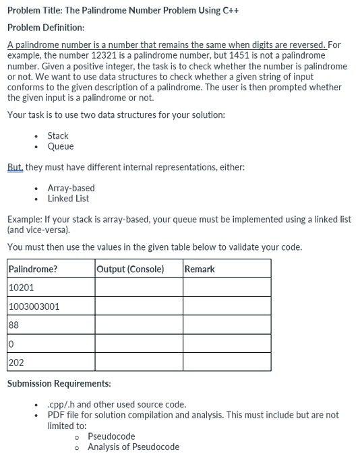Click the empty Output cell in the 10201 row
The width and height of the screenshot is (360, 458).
pyautogui.click(x=138, y=288)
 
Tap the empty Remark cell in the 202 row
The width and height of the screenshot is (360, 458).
pyautogui.click(x=227, y=362)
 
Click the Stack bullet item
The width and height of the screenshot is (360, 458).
pyautogui.click(x=58, y=136)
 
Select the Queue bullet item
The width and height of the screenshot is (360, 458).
pyautogui.click(x=61, y=147)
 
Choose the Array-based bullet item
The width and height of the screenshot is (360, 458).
pyautogui.click(x=71, y=188)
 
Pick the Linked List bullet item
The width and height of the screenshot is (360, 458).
pyautogui.click(x=68, y=199)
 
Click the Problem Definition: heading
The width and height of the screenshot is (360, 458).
pyautogui.click(x=46, y=28)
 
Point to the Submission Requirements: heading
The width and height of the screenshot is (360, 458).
pyautogui.click(x=59, y=384)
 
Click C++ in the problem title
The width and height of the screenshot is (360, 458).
pyautogui.click(x=231, y=11)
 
